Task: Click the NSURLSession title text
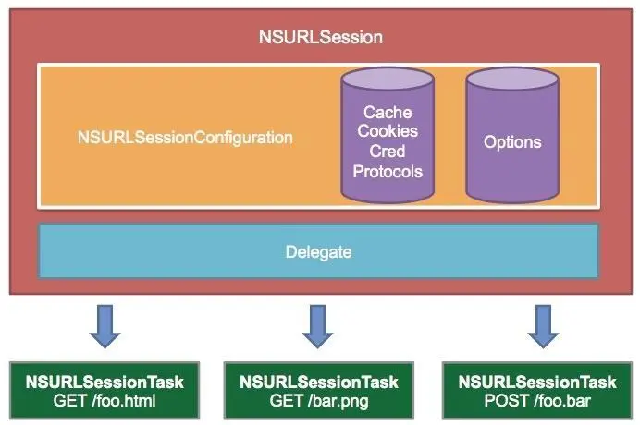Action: [321, 37]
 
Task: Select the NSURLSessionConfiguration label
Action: [185, 138]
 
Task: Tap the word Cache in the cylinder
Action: [388, 112]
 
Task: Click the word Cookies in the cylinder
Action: [388, 131]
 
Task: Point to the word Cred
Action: [388, 151]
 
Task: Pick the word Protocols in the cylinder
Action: [388, 171]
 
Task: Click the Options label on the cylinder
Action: [512, 142]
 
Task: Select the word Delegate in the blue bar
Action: [318, 251]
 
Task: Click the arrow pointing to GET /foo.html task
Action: [105, 326]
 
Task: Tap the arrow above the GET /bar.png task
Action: [317, 326]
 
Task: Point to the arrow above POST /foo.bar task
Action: [543, 326]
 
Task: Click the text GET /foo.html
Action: [105, 401]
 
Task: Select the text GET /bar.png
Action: [319, 401]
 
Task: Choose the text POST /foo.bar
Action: [537, 401]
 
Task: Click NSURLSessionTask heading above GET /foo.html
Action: [105, 382]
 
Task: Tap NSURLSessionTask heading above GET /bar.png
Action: [319, 382]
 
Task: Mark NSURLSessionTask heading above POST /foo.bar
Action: [537, 382]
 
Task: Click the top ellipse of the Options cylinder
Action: [512, 79]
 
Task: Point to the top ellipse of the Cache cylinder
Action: [388, 79]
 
